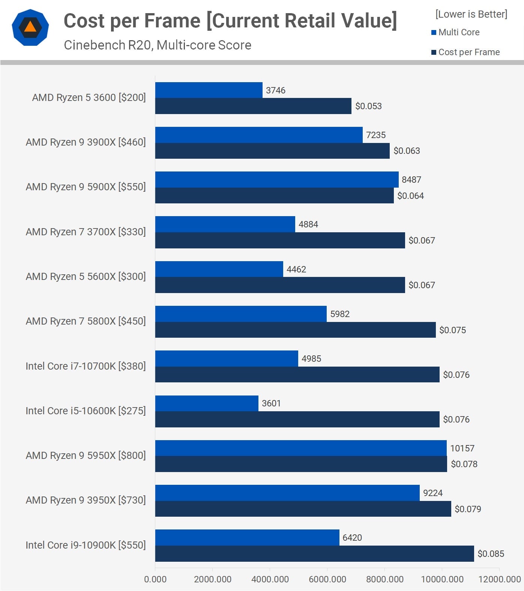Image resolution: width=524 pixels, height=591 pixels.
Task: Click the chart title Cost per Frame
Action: (230, 21)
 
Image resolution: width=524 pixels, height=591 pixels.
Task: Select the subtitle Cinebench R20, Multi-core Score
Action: (158, 45)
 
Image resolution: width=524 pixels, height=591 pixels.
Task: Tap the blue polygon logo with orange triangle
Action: (30, 27)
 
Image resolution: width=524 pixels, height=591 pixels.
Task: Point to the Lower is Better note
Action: (471, 14)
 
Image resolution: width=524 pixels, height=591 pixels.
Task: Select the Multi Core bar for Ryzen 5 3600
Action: (209, 90)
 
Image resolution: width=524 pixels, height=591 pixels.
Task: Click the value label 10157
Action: (462, 448)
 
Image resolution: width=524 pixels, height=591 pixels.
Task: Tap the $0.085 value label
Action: (491, 553)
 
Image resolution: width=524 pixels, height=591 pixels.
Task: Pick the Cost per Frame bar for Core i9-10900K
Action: (314, 553)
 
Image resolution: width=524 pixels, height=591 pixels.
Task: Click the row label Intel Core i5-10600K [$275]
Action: (86, 411)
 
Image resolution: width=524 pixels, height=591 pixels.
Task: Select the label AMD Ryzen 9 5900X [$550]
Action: (86, 187)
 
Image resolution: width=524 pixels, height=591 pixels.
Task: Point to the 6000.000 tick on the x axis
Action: (327, 579)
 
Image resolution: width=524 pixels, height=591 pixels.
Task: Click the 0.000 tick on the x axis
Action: (155, 579)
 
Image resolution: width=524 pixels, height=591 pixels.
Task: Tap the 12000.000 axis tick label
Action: (500, 579)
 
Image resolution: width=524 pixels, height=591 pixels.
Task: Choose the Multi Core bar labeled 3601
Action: (207, 403)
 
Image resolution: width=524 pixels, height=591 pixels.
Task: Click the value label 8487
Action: (411, 180)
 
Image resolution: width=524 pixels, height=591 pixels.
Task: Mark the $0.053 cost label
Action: (368, 106)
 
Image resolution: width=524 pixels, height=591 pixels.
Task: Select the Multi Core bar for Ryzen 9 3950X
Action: (287, 493)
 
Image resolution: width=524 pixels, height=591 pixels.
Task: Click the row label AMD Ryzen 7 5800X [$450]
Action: (86, 321)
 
